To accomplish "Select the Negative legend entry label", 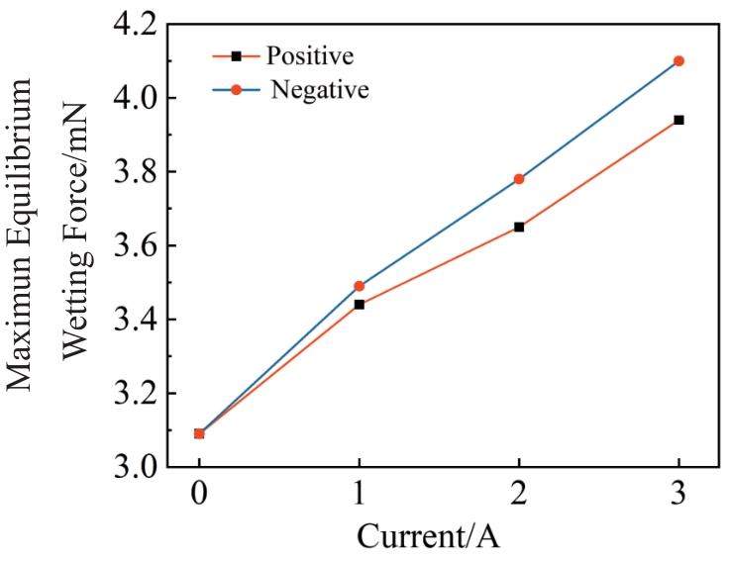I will point(320,90).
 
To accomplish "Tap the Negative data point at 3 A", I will point(678,61).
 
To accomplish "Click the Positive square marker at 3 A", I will point(678,120).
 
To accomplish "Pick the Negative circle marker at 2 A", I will point(519,179).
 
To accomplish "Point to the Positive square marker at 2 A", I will point(519,227).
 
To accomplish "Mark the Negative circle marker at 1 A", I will point(359,286).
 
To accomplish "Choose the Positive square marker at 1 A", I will point(359,304).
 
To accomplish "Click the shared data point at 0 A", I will point(199,433).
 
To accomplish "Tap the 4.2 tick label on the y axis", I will point(143,24).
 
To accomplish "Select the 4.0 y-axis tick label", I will point(143,98).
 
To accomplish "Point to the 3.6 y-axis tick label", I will point(143,246).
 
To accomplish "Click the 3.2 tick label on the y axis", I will point(143,394).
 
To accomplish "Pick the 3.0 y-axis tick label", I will point(143,468).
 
